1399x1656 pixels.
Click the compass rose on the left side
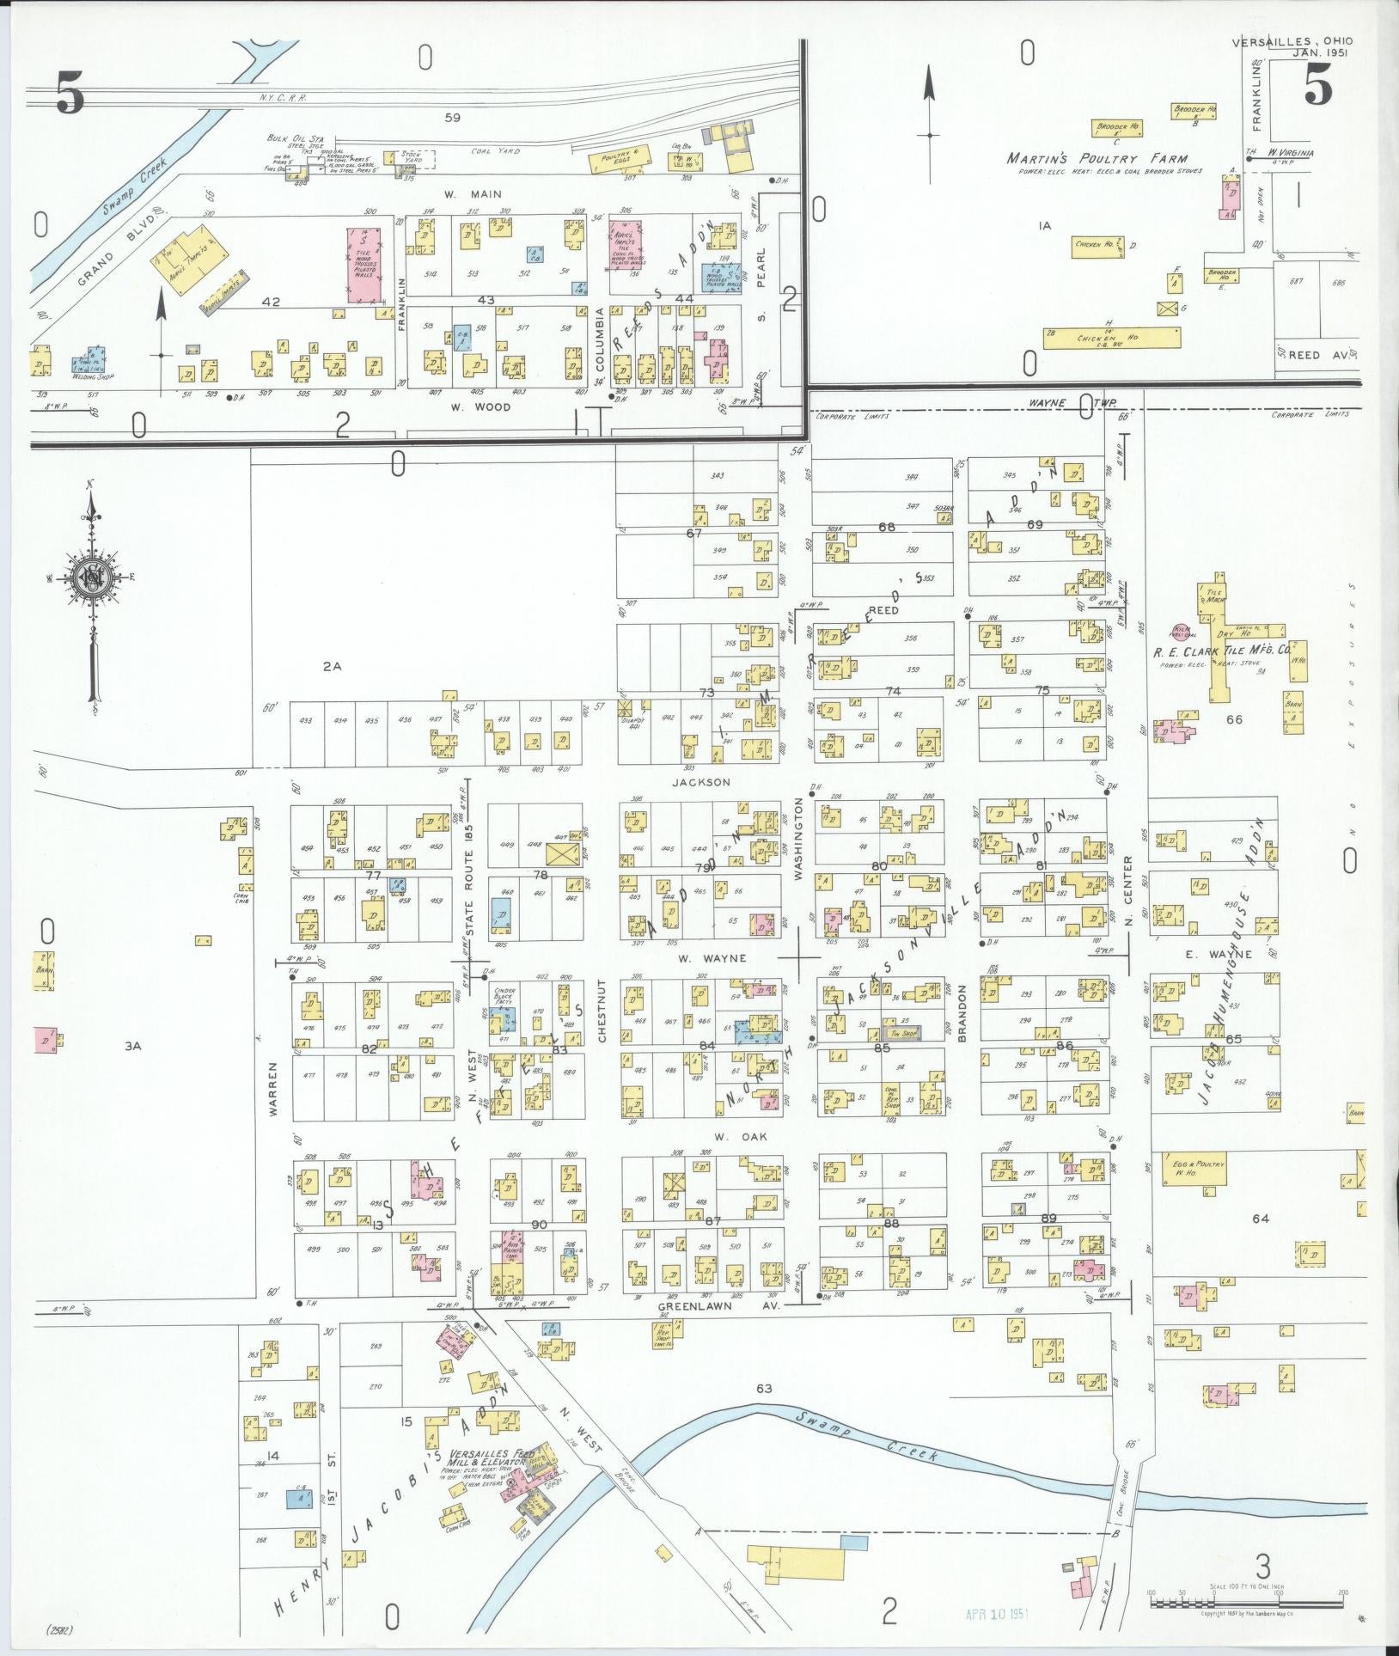90,576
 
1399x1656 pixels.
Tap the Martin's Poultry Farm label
1097,159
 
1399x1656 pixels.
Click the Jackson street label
701,782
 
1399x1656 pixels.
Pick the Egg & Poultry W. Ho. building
1198,1171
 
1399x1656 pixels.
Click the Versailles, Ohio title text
1292,41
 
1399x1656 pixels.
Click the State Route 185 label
469,879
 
